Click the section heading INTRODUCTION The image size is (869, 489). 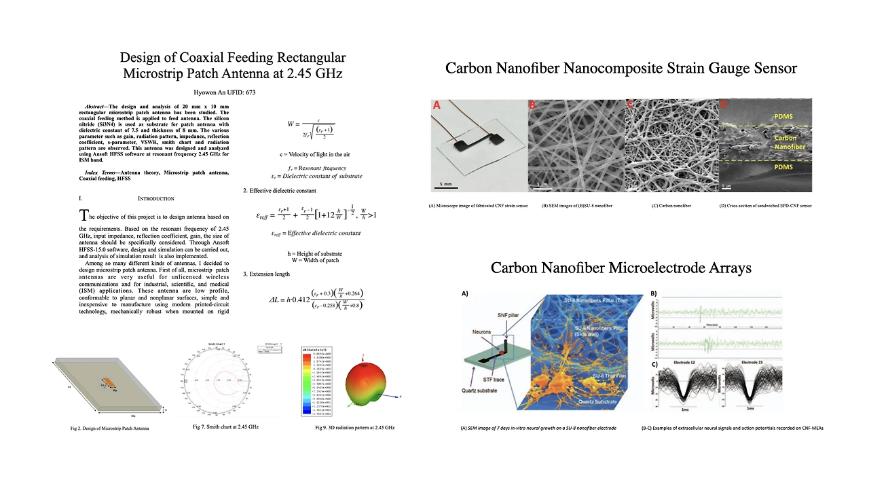click(155, 198)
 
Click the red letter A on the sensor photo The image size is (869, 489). click(437, 105)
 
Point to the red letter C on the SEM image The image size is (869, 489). click(630, 105)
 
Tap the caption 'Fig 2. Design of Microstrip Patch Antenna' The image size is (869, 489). click(109, 429)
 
